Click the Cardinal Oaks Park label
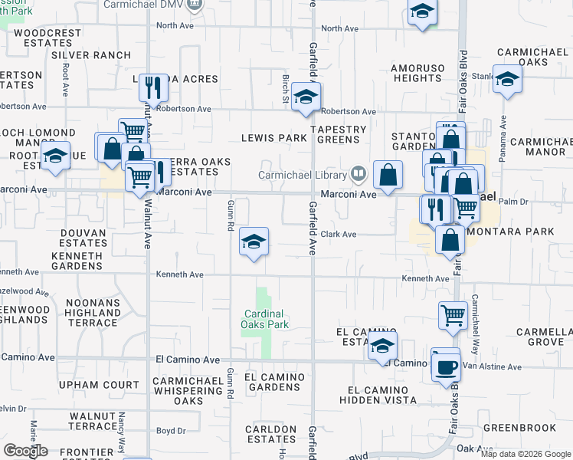pos(265,319)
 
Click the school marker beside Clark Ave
pos(254,242)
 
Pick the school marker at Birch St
pos(306,97)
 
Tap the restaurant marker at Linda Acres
pos(153,88)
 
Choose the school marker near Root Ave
pos(54,157)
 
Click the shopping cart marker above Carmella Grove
pos(453,314)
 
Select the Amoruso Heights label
pos(417,73)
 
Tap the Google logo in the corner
pos(25,451)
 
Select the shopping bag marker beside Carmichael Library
pos(388,175)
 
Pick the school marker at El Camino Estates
pos(382,346)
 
